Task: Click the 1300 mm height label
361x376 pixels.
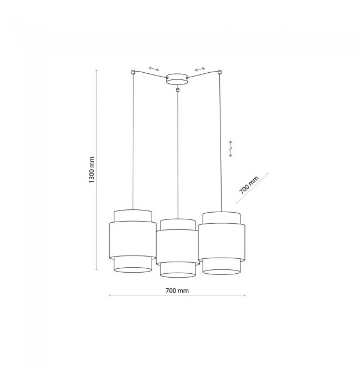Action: pos(92,170)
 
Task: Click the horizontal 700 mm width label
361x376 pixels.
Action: pos(177,290)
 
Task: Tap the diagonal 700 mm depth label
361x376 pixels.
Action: pos(249,185)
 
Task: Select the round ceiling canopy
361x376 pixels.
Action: pos(178,79)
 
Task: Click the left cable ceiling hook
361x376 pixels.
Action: pos(133,72)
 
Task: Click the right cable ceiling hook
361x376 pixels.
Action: pos(219,72)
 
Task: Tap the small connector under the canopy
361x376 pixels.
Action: pos(178,90)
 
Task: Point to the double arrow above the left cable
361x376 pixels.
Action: pos(154,69)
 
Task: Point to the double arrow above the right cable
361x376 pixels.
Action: pos(200,69)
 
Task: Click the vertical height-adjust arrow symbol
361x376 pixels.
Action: pos(230,149)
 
